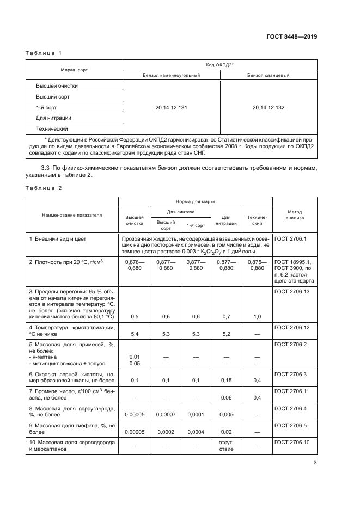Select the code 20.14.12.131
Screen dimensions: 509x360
pyautogui.click(x=171, y=108)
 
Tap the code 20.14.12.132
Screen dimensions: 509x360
pyautogui.click(x=268, y=108)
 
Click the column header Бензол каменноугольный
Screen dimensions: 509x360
pyautogui.click(x=171, y=75)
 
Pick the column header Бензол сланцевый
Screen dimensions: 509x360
pyautogui.click(x=268, y=75)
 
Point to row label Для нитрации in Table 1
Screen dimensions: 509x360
pyautogui.click(x=54, y=118)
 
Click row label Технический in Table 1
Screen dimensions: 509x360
pyautogui.click(x=52, y=129)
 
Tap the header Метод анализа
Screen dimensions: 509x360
pyautogui.click(x=294, y=215)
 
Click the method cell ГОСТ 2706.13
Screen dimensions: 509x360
pyautogui.click(x=293, y=292)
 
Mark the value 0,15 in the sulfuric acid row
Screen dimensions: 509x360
pyautogui.click(x=225, y=381)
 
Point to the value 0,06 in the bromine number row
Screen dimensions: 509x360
pyautogui.click(x=225, y=398)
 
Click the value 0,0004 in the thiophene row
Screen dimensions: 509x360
pyautogui.click(x=196, y=432)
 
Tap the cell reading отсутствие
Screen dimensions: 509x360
pyautogui.click(x=225, y=446)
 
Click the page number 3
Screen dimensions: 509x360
pyautogui.click(x=315, y=463)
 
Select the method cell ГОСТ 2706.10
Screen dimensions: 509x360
pyautogui.click(x=293, y=442)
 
